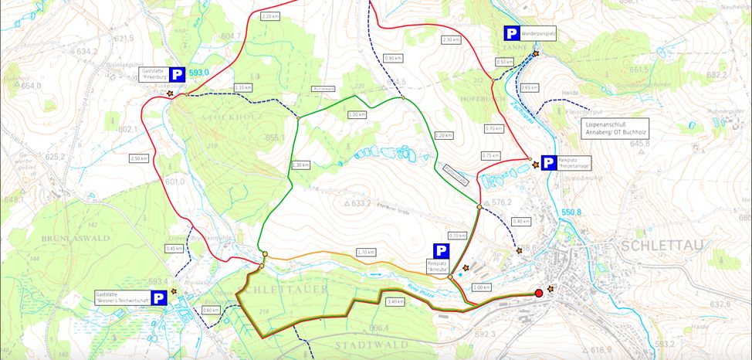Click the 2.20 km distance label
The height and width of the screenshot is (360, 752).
[x=269, y=16]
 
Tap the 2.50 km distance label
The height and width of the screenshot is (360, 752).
[x=138, y=158]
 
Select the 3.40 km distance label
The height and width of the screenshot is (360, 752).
[x=395, y=301]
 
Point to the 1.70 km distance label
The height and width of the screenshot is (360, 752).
[x=366, y=252]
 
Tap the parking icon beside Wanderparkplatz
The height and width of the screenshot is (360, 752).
[x=512, y=33]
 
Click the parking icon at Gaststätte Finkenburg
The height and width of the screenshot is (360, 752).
[x=177, y=75]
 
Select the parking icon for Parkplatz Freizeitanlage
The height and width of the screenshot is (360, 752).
[x=548, y=162]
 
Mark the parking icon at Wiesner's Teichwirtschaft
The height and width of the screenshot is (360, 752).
[x=158, y=298]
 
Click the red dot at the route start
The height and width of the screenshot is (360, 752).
[x=539, y=293]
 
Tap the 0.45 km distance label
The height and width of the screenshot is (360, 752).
[x=174, y=248]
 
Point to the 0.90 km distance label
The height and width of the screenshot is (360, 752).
[x=393, y=58]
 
